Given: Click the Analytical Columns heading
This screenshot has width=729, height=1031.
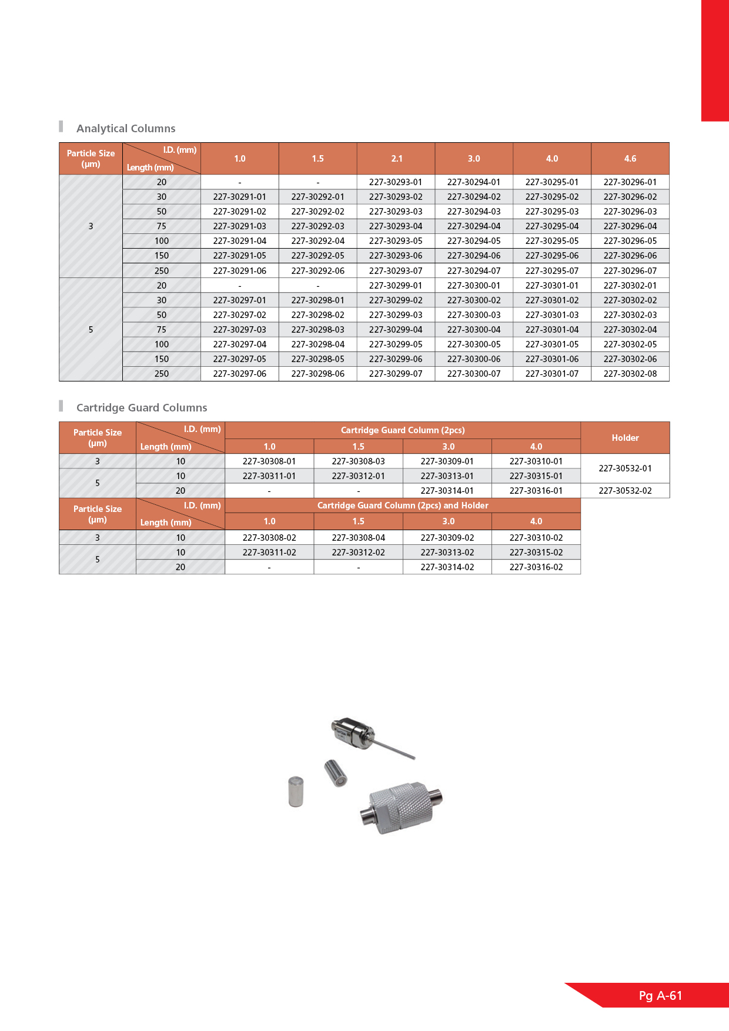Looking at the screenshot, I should [x=126, y=129].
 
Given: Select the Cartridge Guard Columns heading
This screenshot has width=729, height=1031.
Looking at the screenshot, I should [x=142, y=408].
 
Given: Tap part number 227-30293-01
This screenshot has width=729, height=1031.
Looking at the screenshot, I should [x=396, y=182].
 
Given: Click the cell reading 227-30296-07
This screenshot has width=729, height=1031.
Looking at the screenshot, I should [x=630, y=271].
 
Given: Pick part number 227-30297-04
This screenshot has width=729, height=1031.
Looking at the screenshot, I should [x=239, y=344].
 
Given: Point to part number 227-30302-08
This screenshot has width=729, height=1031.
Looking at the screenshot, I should [x=630, y=374].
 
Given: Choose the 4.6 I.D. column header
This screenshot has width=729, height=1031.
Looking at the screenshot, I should [x=630, y=159].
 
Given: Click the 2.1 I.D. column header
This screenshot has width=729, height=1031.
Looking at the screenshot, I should [x=397, y=159].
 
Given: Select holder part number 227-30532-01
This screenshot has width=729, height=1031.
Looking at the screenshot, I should [x=625, y=468].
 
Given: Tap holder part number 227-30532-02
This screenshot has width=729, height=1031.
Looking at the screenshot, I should [x=625, y=491].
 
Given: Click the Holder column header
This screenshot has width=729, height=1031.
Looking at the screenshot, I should [x=625, y=438].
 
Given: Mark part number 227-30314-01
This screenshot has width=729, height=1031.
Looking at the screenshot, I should [x=447, y=491].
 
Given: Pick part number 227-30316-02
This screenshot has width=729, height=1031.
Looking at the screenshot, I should [x=536, y=567].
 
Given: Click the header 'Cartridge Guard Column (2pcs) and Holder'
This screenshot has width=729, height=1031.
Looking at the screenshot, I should [x=403, y=506].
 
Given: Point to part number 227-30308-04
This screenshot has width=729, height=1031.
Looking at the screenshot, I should [x=358, y=538].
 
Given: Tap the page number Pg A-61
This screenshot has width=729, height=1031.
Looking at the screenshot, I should [x=660, y=996].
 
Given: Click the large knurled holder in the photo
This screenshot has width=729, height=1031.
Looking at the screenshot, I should [x=400, y=806].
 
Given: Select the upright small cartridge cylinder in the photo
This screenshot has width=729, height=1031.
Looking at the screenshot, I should [x=296, y=791].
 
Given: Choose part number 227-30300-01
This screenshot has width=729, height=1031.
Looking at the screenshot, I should [x=473, y=286].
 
